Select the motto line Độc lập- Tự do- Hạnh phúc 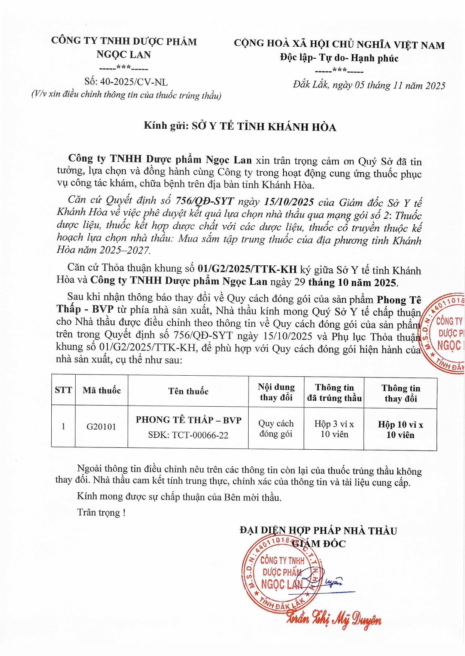[x=339, y=58]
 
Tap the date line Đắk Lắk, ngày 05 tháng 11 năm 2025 [x=369, y=85]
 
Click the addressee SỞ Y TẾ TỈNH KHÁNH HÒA [x=264, y=127]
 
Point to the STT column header [x=63, y=390]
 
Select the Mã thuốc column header [x=101, y=391]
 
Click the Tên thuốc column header [x=188, y=391]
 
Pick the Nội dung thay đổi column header [x=276, y=392]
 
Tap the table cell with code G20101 [x=101, y=426]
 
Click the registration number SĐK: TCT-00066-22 [x=188, y=435]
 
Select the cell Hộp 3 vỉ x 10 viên [x=334, y=429]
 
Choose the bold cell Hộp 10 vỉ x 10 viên [x=400, y=430]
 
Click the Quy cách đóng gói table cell [x=276, y=428]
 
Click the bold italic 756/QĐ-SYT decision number [x=205, y=201]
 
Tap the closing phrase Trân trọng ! [x=101, y=512]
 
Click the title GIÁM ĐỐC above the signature [x=319, y=543]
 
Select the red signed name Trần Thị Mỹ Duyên [x=334, y=619]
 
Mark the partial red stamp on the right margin [x=444, y=333]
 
